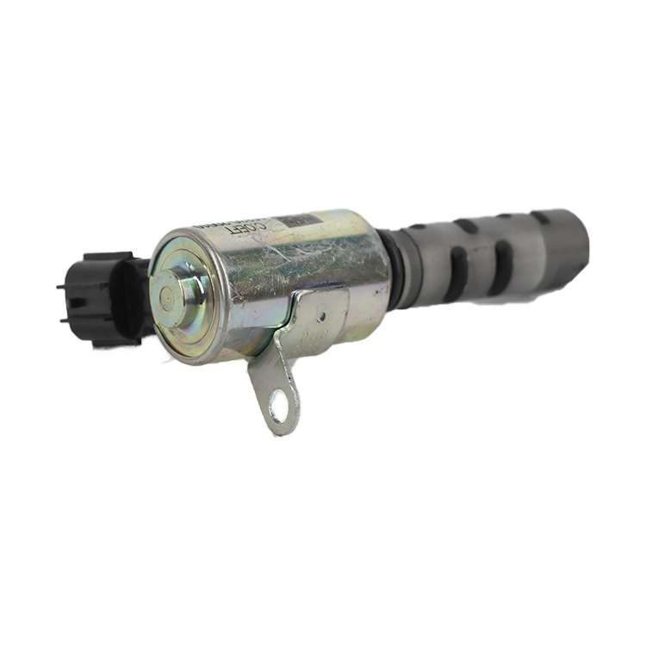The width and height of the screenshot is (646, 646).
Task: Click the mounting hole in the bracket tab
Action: pyautogui.click(x=277, y=404)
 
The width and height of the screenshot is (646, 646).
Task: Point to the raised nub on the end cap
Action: pyautogui.click(x=183, y=288)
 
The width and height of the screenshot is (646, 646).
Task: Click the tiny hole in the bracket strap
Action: pyautogui.click(x=320, y=317)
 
